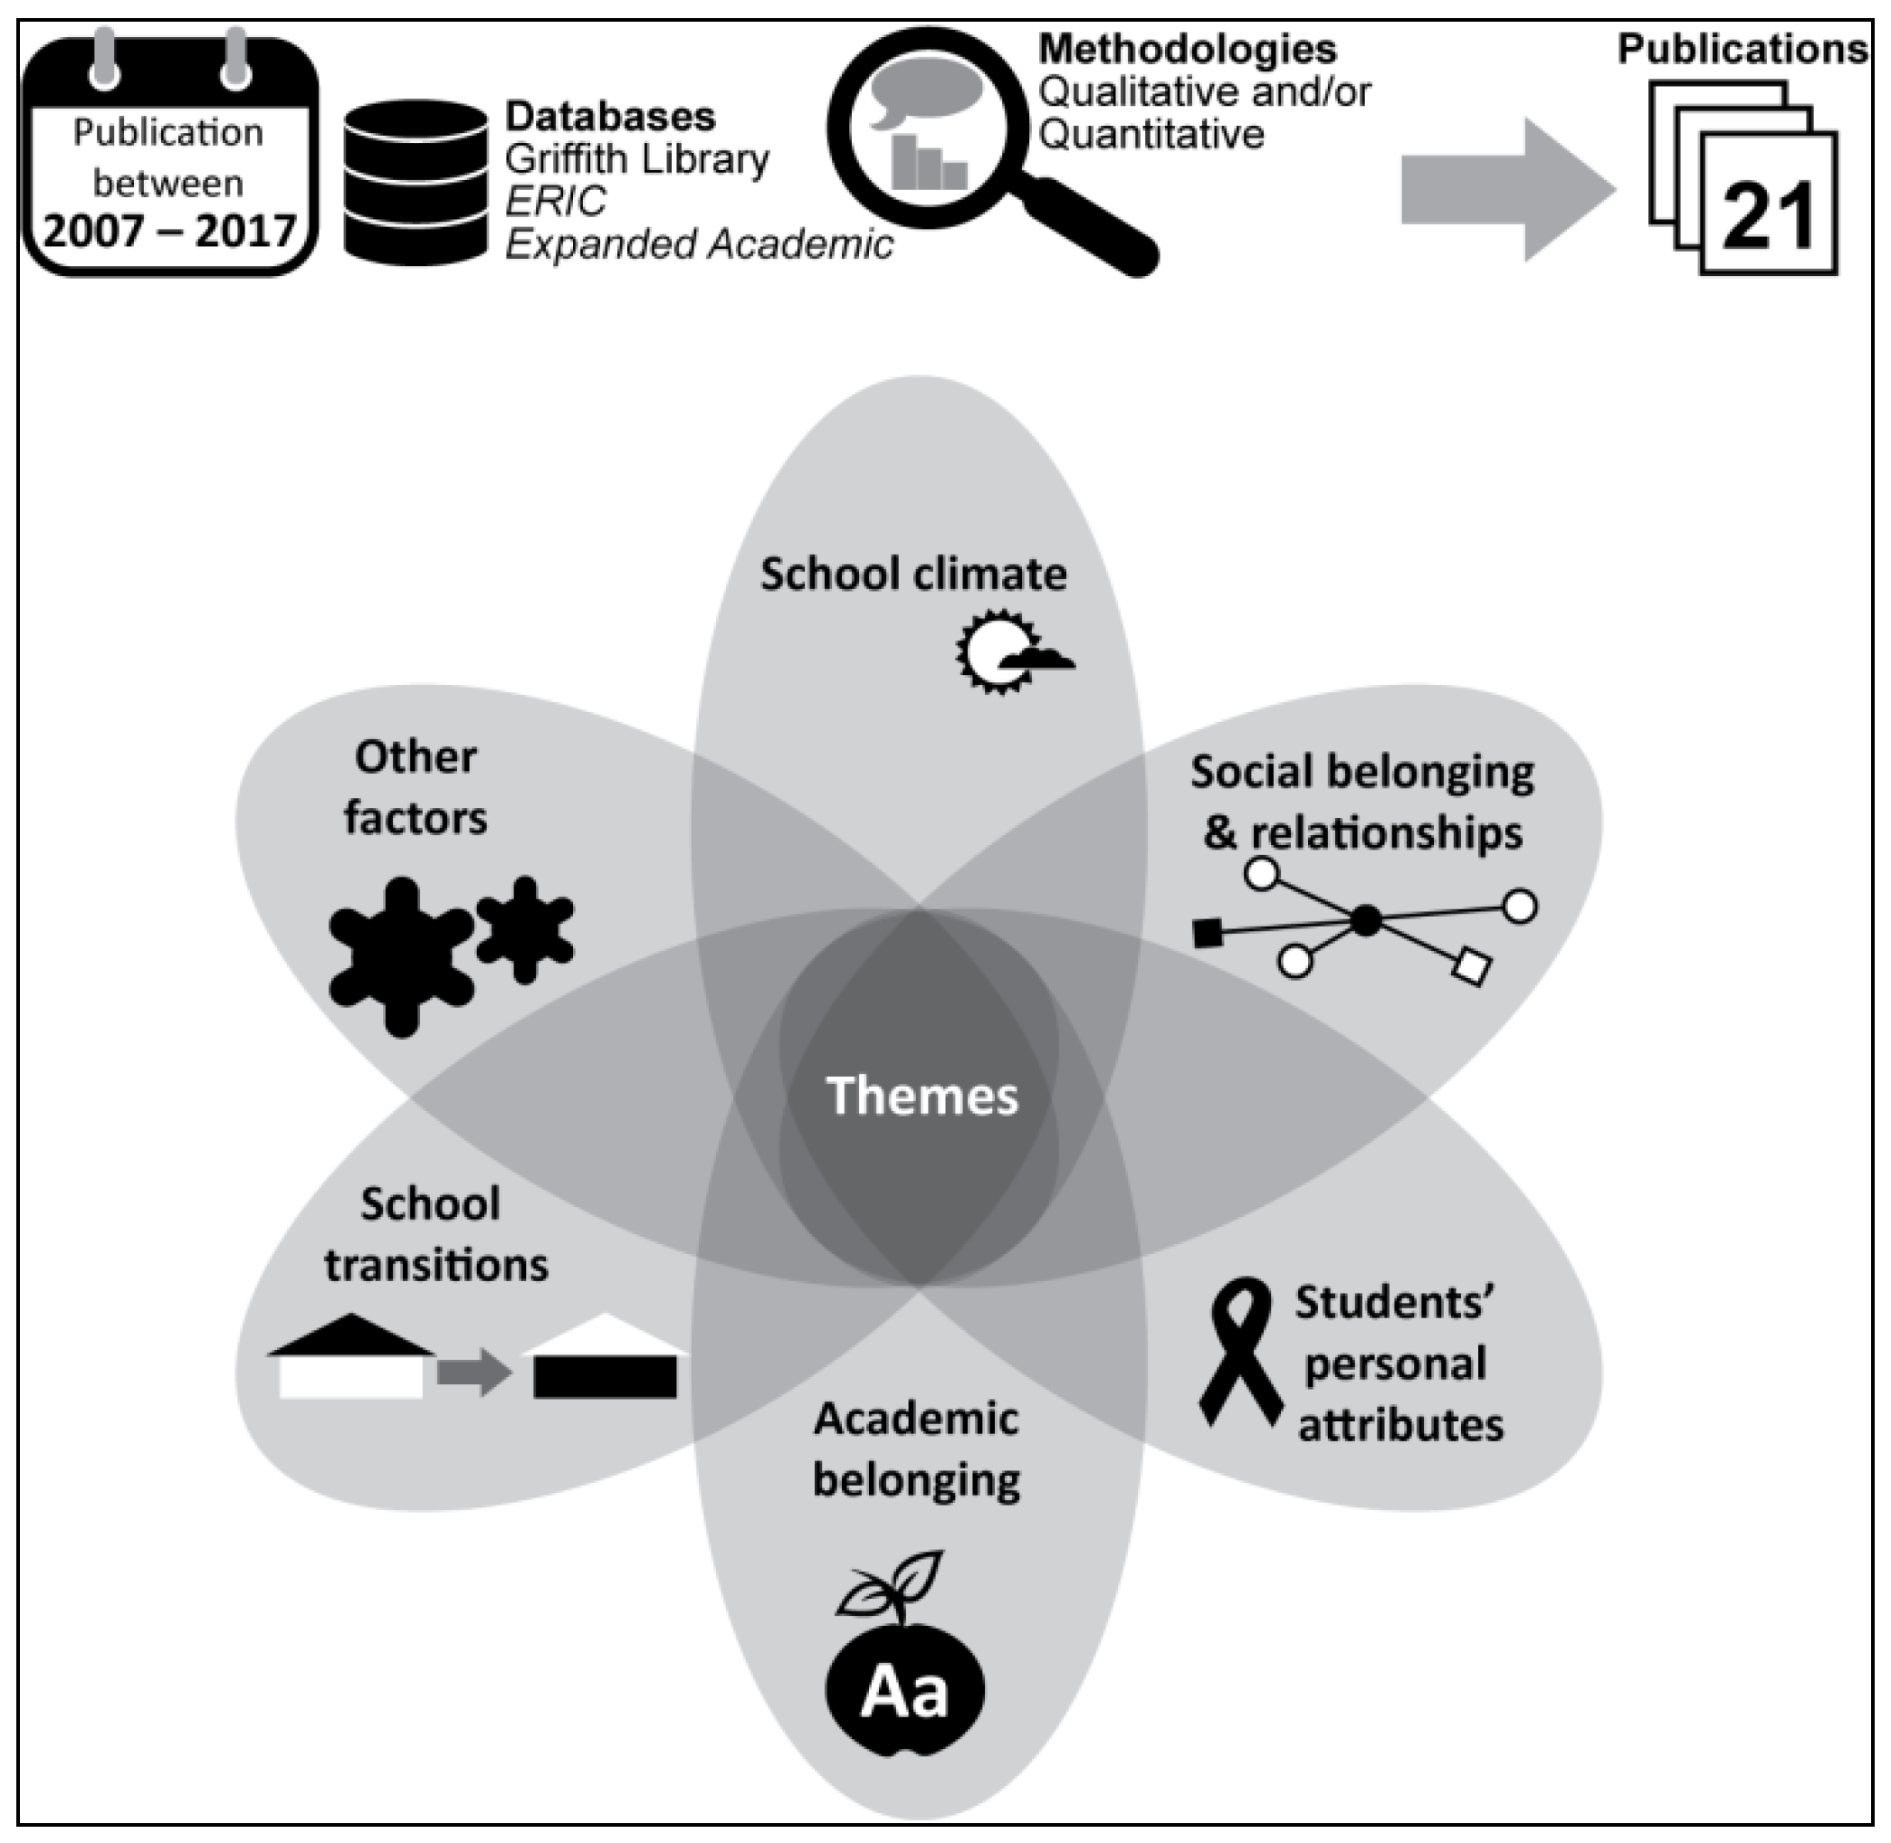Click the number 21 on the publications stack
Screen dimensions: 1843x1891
click(x=1768, y=217)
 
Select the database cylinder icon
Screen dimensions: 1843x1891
click(x=415, y=182)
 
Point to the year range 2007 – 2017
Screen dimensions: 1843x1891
click(x=169, y=232)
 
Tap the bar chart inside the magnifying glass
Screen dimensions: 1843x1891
click(x=928, y=163)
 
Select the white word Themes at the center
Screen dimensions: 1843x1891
click(x=922, y=1096)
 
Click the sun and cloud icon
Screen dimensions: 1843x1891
click(x=1010, y=651)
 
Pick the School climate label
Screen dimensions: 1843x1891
click(x=913, y=574)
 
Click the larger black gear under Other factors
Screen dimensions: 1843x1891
click(x=401, y=956)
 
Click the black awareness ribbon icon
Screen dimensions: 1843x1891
click(x=1240, y=1350)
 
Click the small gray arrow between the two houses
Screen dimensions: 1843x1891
click(x=473, y=1372)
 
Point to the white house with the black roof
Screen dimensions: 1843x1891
click(x=350, y=1357)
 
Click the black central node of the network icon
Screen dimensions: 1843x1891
click(x=1365, y=919)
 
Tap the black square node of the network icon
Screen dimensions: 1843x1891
click(x=1207, y=933)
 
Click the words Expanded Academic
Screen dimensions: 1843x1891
click(x=698, y=245)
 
